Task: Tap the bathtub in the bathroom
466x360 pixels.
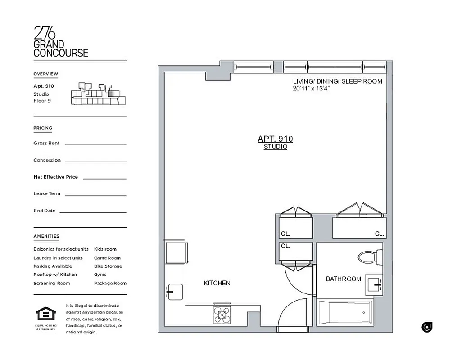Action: [345, 313]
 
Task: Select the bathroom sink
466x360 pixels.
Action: [374, 284]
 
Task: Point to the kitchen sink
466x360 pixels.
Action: [174, 291]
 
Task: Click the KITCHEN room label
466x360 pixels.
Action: [217, 283]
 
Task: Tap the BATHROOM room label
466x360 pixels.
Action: [343, 279]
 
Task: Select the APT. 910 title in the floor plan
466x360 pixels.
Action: [275, 139]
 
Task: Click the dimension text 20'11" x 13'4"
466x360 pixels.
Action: [311, 89]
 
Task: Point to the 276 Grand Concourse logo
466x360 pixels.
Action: [61, 41]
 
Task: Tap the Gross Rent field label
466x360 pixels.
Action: [46, 143]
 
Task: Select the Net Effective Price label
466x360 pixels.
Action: [55, 177]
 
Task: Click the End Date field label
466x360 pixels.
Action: [44, 211]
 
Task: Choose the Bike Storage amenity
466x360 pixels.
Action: [108, 266]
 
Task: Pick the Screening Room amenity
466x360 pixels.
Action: [52, 283]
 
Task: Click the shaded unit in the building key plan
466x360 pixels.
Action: [110, 94]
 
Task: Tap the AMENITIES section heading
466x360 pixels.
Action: [46, 236]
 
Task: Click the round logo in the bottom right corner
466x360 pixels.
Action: [426, 327]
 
